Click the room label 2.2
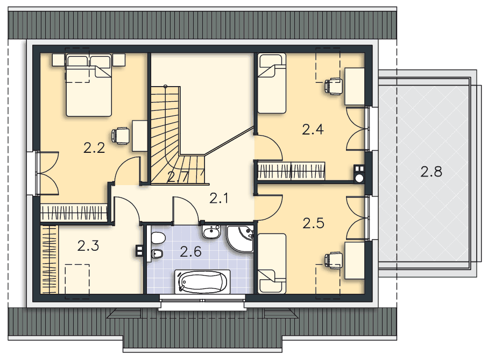pos(94,148)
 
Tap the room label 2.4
pos(313,129)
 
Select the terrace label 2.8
pos(432,172)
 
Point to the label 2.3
pos(88,246)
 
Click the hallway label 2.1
pos(219,198)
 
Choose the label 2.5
pos(313,223)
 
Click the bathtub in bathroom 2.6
pos(203,281)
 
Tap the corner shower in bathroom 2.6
pos(239,238)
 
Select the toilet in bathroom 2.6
pos(158,238)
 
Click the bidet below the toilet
pos(157,254)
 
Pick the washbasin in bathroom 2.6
pos(211,232)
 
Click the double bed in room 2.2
pos(89,85)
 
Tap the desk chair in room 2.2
pos(121,136)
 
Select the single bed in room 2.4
pos(272,83)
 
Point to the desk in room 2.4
pos(355,87)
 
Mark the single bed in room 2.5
pos(272,263)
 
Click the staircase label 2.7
pos(178,178)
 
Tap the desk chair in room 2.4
pos(334,86)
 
